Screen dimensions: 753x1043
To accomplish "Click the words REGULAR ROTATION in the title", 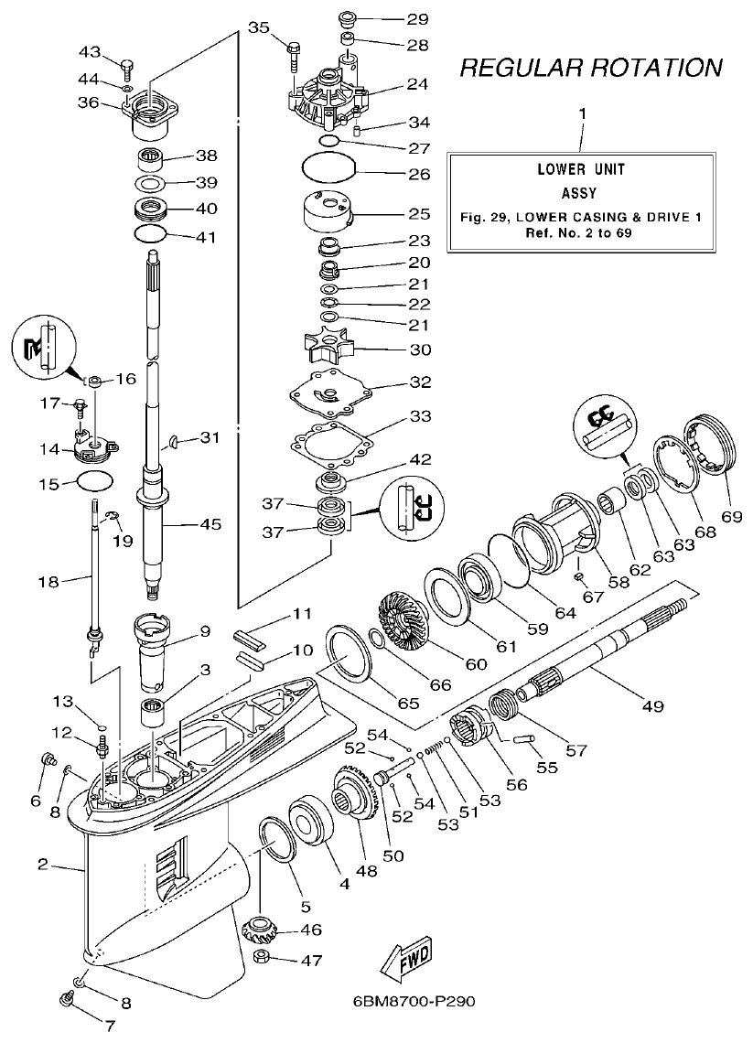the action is tap(590, 67).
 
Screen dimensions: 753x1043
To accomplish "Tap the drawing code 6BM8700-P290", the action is tap(414, 1002).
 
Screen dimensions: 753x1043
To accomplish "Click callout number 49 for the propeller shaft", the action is tap(652, 705).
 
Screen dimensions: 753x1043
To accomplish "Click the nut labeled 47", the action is tap(262, 960).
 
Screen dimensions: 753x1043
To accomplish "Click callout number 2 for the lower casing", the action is tap(43, 864).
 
